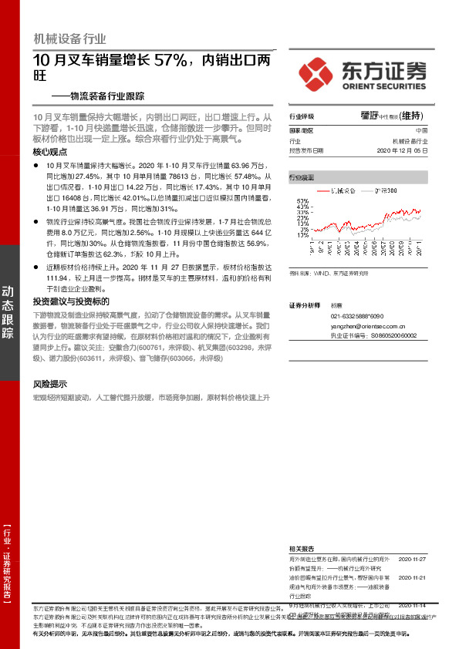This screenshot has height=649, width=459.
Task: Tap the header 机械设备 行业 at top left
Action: coord(70,39)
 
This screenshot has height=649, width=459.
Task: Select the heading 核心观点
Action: coord(49,153)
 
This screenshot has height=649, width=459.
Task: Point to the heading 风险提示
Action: coord(49,384)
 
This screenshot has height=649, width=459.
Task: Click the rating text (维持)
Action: coord(413,116)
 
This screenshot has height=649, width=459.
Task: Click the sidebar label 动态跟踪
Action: coord(8,312)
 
